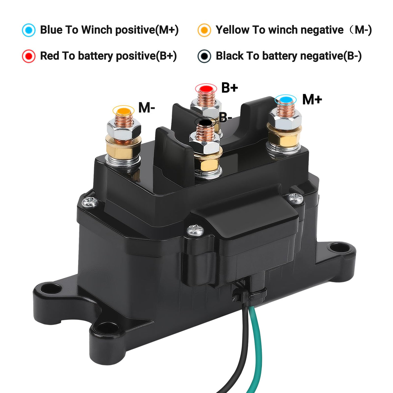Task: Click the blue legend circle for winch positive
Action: [x=29, y=30]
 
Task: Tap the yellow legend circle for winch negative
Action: [x=204, y=30]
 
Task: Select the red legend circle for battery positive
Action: [x=29, y=56]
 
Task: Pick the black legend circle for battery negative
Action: [x=204, y=56]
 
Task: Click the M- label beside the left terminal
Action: [x=147, y=108]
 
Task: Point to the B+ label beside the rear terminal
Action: [x=230, y=88]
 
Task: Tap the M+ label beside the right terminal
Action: [x=312, y=100]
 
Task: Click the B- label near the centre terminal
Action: [x=225, y=117]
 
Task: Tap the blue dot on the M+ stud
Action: [x=285, y=100]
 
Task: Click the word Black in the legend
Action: [x=229, y=56]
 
